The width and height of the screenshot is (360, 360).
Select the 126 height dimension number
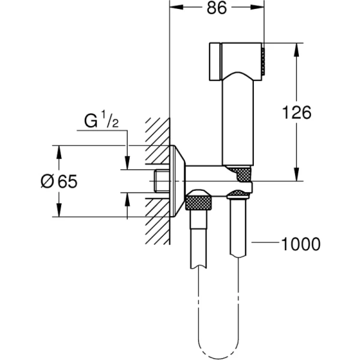(296, 112)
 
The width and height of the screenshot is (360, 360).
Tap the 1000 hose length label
(300, 244)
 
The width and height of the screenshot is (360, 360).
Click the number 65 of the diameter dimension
(67, 182)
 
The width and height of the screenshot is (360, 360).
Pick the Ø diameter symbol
(47, 182)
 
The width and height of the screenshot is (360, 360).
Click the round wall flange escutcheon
(175, 181)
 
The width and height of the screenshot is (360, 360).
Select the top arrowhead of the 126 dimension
(296, 48)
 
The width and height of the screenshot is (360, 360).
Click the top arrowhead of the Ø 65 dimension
(59, 150)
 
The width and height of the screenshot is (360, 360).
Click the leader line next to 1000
(264, 244)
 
